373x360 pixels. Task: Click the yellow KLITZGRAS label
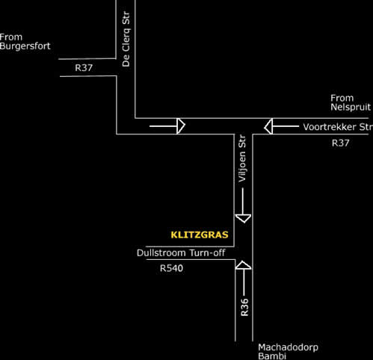tap(200, 235)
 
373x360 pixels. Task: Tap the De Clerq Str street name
tap(126, 40)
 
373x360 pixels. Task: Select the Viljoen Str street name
tap(242, 158)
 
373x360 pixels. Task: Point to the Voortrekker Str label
tap(338, 127)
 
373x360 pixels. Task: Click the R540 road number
tap(171, 268)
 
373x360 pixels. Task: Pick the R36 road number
tap(244, 308)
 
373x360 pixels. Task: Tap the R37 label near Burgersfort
tap(84, 68)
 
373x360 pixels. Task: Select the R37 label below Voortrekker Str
tap(340, 143)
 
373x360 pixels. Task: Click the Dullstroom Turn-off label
tap(181, 253)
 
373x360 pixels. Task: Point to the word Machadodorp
tap(288, 347)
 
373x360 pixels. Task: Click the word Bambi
tap(272, 356)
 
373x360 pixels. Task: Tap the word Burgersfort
tap(25, 46)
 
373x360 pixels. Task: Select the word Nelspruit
tap(351, 107)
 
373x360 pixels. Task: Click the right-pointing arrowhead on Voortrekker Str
tap(181, 126)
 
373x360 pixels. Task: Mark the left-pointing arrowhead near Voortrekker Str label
tap(268, 126)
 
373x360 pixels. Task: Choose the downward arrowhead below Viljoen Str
tap(243, 218)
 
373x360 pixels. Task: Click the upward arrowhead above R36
tap(243, 265)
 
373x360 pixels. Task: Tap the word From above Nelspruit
tap(342, 98)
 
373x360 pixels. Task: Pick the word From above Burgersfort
tap(11, 37)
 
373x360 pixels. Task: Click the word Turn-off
tap(207, 253)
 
